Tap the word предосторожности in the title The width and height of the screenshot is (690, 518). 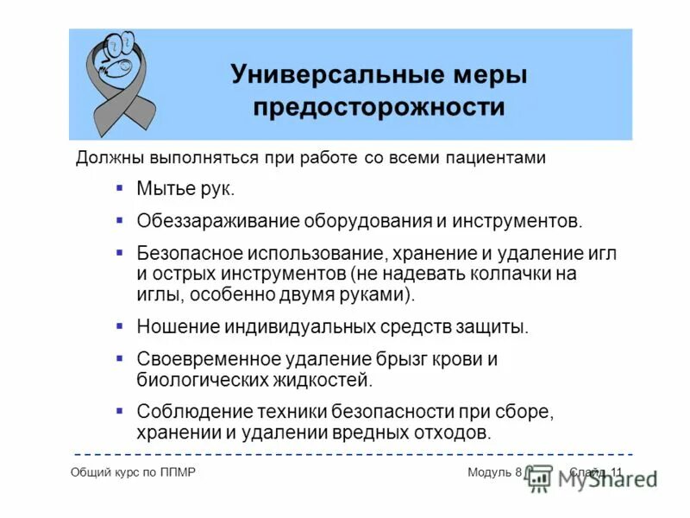pos(379,107)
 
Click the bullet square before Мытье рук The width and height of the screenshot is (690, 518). pos(120,187)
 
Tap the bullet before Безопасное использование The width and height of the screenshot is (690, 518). pos(120,253)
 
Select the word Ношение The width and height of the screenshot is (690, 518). pos(178,327)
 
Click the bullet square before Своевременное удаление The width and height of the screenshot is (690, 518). pos(120,357)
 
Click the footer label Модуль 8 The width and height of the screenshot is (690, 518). pos(495,471)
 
